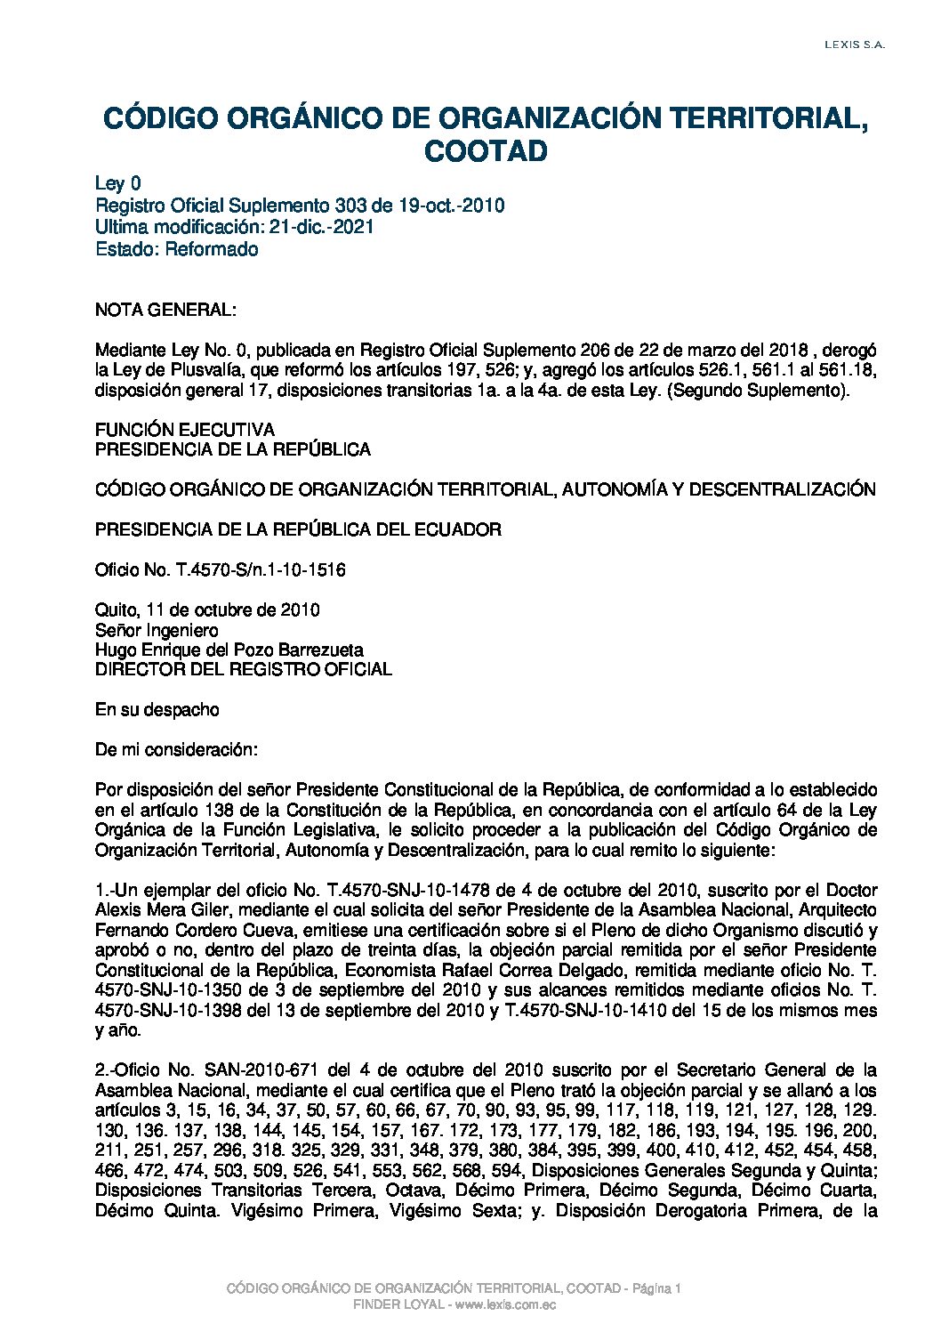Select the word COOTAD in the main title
pyautogui.click(x=486, y=151)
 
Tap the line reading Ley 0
pyautogui.click(x=118, y=184)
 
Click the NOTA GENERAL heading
pyautogui.click(x=165, y=311)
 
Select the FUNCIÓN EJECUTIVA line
pyautogui.click(x=185, y=431)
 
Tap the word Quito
pyautogui.click(x=116, y=610)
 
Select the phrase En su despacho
pyautogui.click(x=157, y=710)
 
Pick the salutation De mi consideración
pyautogui.click(x=176, y=750)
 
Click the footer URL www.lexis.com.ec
pyautogui.click(x=506, y=1304)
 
